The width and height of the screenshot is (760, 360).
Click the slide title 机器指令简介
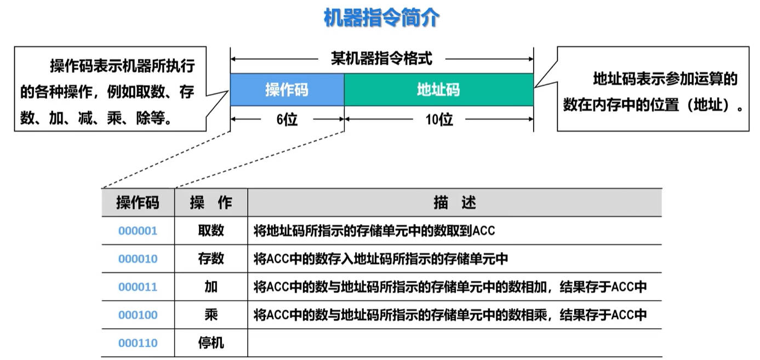[381, 18]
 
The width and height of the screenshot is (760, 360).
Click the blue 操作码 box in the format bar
[287, 89]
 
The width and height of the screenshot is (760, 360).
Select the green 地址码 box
[439, 89]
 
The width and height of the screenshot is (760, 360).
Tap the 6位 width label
[287, 119]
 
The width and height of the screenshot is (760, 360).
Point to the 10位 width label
[439, 119]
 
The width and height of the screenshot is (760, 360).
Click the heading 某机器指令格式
[382, 59]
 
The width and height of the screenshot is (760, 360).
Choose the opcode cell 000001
[138, 231]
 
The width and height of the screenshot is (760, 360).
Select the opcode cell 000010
[138, 259]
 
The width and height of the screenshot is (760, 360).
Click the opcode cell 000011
[138, 287]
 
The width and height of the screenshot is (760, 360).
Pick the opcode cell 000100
[138, 315]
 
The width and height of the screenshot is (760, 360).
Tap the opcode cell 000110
[138, 343]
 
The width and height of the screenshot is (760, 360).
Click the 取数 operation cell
[211, 231]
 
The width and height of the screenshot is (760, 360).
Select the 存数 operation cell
[211, 259]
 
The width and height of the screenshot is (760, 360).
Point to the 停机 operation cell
[211, 343]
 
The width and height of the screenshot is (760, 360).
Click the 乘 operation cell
[211, 315]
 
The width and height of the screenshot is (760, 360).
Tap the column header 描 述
[455, 203]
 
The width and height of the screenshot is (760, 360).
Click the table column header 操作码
[138, 203]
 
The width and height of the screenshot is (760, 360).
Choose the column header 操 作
[211, 203]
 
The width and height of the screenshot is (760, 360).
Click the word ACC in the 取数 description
[483, 231]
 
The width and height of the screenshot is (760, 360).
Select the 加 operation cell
[211, 287]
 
